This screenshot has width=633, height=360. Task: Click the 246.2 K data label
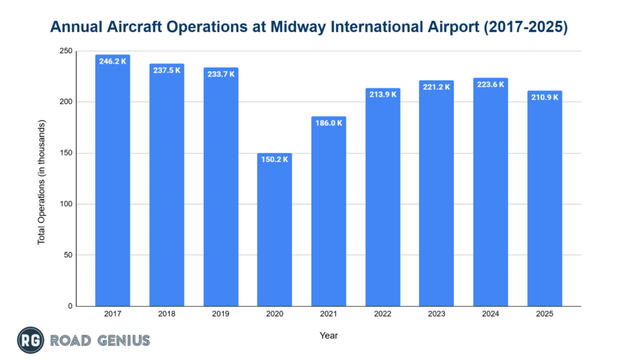[x=113, y=62]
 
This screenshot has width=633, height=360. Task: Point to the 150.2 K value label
[x=274, y=160]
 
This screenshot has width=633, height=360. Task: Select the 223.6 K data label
[x=491, y=85]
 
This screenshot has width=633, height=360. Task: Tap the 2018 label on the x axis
[x=166, y=314]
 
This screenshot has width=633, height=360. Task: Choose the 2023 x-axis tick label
[x=436, y=314]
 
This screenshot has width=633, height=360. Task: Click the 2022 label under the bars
[x=383, y=314]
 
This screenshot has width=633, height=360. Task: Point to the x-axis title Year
[x=328, y=335]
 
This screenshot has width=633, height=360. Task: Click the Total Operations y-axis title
[x=42, y=179]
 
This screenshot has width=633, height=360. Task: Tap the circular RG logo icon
[x=29, y=340]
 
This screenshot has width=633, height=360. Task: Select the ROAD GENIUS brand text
[x=100, y=340]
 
